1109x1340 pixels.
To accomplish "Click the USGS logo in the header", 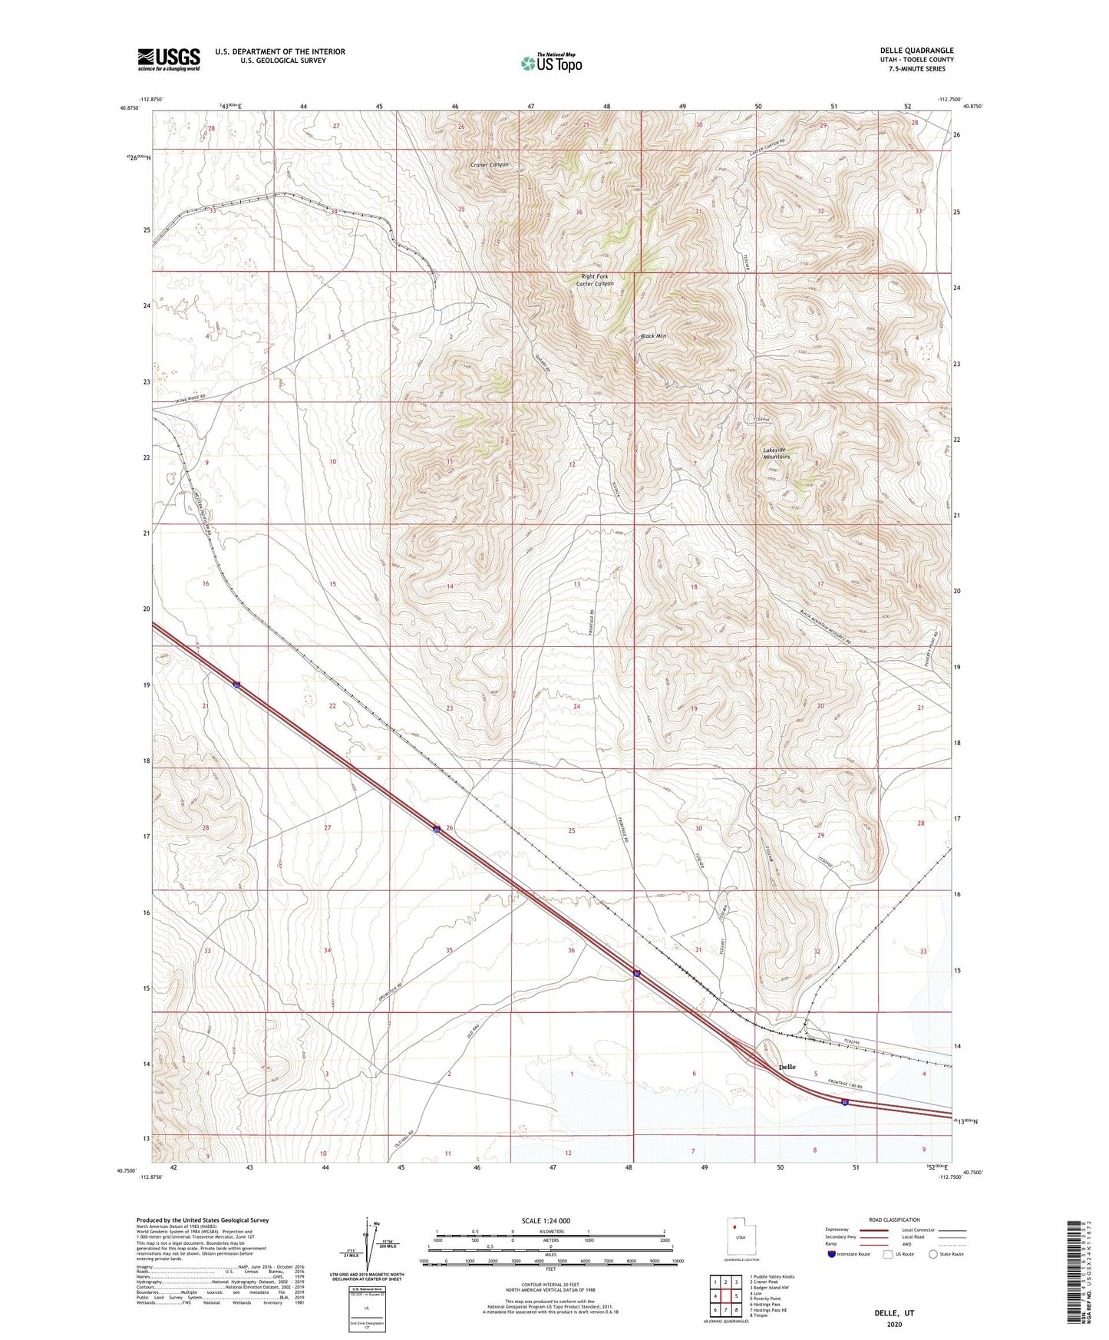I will [169, 59].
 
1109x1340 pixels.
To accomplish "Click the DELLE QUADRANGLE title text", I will [916, 51].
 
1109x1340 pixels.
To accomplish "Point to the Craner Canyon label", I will [489, 165].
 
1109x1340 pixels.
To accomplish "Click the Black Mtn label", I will [653, 336].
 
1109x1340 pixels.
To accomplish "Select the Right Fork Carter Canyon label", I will [595, 280].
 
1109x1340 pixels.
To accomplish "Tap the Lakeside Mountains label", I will [776, 454].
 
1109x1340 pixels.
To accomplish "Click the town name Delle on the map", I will [787, 1067].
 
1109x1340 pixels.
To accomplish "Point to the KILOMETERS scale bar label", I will [550, 1231].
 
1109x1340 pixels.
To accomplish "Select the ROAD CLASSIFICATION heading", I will [894, 1220].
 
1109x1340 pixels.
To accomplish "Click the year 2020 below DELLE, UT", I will [894, 1324].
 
